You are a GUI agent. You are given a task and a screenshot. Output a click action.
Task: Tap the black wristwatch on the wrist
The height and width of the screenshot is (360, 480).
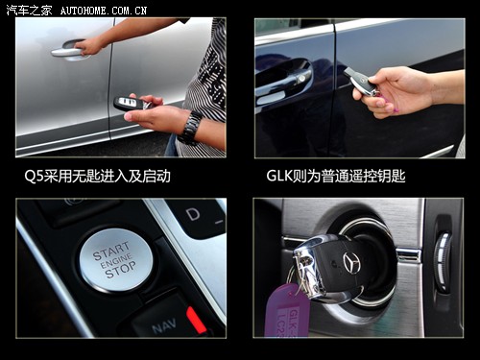(191, 127)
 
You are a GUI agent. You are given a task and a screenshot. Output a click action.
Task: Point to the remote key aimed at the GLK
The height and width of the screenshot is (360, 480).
(360, 81)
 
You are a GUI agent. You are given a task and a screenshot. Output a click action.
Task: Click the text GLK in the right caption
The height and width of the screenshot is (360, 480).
(282, 177)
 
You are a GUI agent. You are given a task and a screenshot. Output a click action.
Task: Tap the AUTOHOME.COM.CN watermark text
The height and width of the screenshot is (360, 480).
(103, 10)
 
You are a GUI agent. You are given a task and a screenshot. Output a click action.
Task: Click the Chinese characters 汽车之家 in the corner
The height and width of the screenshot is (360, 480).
(29, 10)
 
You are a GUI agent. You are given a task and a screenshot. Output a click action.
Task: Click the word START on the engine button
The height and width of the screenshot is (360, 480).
(111, 248)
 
